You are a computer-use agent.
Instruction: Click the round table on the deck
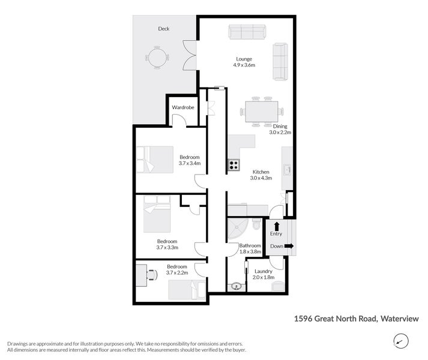(x=157, y=58)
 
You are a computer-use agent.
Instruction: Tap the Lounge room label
(x=244, y=59)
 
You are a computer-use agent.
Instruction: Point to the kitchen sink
(x=287, y=170)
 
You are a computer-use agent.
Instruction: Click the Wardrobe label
(x=182, y=107)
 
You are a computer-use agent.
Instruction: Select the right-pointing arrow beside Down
(x=289, y=246)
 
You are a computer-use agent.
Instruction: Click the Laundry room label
(x=264, y=271)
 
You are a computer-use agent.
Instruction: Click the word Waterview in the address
(x=400, y=319)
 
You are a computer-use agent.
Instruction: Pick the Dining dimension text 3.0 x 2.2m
(x=280, y=133)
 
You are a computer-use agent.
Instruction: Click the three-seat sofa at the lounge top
(x=247, y=32)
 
